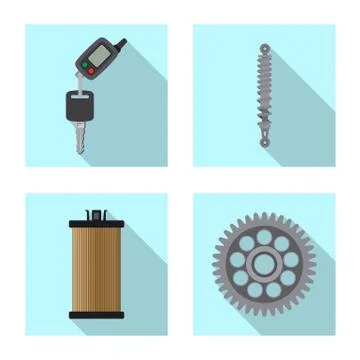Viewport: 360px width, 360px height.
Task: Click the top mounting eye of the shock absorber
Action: tap(264, 47)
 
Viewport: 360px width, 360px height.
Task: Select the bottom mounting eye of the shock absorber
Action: tap(265, 142)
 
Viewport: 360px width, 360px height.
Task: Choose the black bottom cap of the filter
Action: tap(96, 314)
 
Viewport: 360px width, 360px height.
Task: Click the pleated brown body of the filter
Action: tap(96, 267)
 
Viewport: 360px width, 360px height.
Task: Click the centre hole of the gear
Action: tap(263, 265)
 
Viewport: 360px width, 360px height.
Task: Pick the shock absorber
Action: tap(264, 95)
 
